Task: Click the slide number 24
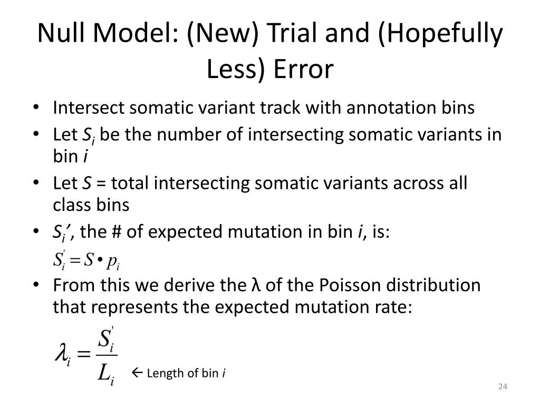pyautogui.click(x=502, y=387)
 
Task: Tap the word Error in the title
pyautogui.click(x=303, y=69)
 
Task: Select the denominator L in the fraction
pyautogui.click(x=104, y=374)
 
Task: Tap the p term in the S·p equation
pyautogui.click(x=111, y=260)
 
